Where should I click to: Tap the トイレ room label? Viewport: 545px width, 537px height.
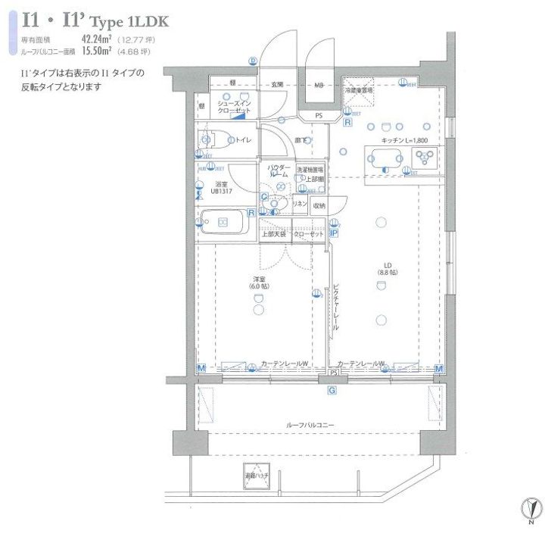tap(243, 139)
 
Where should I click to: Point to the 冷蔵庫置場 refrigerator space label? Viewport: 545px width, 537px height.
tap(359, 90)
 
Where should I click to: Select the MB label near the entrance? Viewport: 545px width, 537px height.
tap(319, 85)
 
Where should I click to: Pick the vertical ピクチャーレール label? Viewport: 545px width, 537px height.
tap(335, 307)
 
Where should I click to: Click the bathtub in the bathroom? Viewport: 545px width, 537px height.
tap(224, 223)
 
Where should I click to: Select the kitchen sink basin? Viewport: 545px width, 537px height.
tap(385, 158)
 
